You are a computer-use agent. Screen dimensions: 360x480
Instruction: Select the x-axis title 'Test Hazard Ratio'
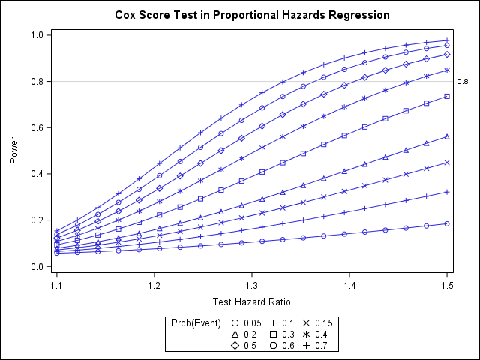point(252,302)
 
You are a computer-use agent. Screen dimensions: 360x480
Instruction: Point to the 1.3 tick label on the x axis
point(252,285)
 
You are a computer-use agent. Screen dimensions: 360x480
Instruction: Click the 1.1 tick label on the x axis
point(57,285)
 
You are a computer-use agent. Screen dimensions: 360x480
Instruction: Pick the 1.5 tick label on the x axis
point(447,285)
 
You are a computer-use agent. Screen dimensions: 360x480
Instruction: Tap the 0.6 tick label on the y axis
point(36,127)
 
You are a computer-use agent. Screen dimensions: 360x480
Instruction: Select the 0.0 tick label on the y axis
point(36,266)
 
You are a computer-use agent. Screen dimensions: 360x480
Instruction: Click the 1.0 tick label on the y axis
point(36,35)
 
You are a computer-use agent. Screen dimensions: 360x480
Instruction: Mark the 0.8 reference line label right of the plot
point(462,82)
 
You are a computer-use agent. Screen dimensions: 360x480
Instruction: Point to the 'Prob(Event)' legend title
point(196,322)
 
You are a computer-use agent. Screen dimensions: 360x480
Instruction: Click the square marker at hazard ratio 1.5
point(447,97)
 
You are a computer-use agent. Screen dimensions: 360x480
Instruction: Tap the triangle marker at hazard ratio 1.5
point(447,136)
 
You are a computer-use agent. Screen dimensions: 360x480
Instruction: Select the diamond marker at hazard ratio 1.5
point(447,55)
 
